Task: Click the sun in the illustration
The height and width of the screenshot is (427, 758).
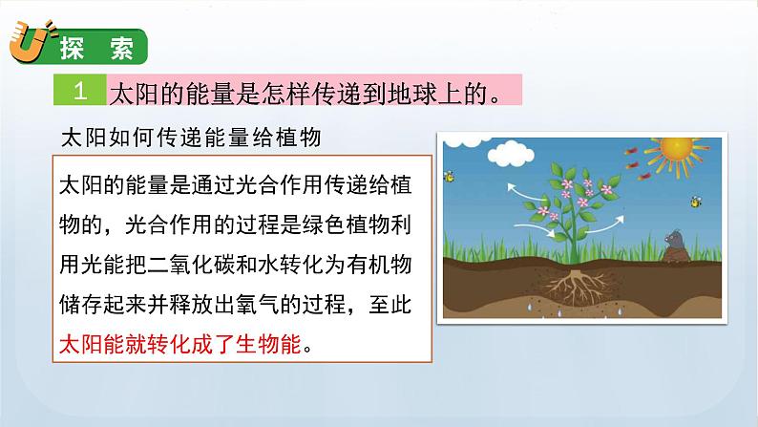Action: [677, 150]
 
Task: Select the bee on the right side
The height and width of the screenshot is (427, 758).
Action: [695, 202]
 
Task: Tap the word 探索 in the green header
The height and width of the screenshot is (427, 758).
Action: [91, 48]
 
